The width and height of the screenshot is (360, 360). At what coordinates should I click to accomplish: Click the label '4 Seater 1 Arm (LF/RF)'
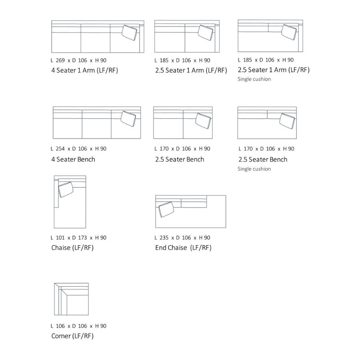(85, 70)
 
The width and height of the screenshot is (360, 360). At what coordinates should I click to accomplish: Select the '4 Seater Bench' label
(73, 159)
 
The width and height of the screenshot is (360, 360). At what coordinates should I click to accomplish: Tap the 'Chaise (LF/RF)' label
(72, 248)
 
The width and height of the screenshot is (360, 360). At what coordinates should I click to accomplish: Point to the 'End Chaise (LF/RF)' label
(183, 248)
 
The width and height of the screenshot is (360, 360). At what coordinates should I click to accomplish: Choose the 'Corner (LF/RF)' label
(72, 336)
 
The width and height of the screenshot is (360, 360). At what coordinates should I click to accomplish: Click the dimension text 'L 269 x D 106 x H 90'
(79, 60)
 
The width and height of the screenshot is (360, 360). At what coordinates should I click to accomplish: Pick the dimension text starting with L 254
(79, 148)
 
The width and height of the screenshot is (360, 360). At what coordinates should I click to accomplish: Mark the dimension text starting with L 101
(79, 238)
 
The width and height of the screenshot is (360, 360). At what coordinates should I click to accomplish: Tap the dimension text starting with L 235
(182, 238)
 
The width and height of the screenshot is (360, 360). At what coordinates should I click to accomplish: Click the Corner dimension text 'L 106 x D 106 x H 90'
(79, 326)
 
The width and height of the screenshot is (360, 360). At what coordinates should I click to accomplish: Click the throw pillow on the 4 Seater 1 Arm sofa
(130, 33)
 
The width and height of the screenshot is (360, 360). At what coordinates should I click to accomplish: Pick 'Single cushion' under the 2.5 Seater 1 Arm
(254, 79)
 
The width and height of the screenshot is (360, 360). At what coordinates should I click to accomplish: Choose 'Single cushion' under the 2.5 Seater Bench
(254, 169)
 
